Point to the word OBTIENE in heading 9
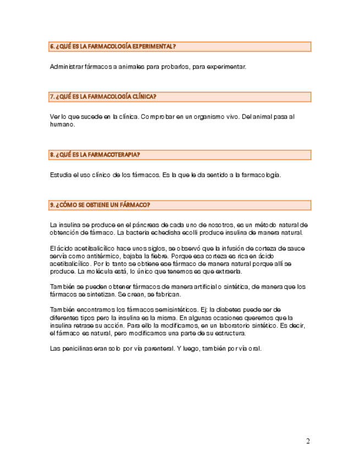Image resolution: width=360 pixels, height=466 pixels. coord(102,205)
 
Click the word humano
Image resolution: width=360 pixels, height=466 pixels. coord(62,125)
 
